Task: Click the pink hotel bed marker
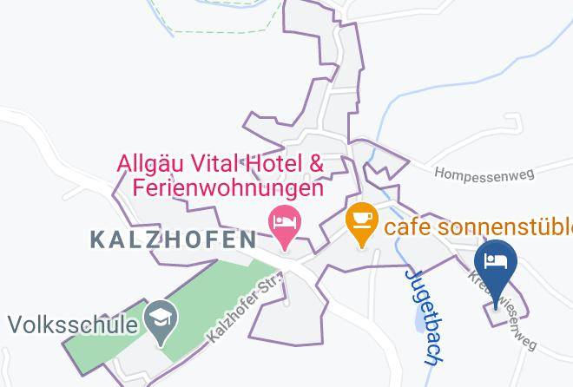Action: point(284,220)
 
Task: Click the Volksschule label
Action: point(73,326)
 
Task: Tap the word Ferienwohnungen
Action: point(227,187)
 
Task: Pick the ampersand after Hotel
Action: point(317,162)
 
